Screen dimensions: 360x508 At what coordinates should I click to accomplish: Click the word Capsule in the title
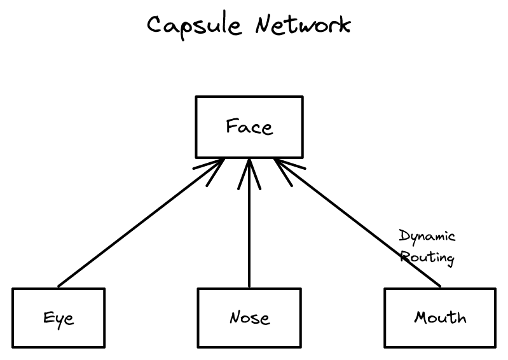(x=195, y=26)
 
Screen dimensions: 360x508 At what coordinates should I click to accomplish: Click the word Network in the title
(x=303, y=25)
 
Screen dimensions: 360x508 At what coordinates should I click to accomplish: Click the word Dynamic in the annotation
(x=427, y=237)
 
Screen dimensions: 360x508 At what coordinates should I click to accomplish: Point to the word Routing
(x=428, y=258)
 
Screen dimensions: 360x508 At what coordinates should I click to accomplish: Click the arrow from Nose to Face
(x=249, y=235)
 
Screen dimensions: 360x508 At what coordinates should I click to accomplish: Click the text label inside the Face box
(x=249, y=127)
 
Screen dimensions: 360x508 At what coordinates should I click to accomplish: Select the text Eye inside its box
(x=58, y=318)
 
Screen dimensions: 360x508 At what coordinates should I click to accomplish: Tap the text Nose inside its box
(x=249, y=317)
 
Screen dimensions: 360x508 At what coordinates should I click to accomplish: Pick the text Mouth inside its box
(x=440, y=317)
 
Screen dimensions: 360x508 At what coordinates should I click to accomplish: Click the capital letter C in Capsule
(x=156, y=25)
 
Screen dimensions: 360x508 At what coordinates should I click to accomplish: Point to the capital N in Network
(x=265, y=25)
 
